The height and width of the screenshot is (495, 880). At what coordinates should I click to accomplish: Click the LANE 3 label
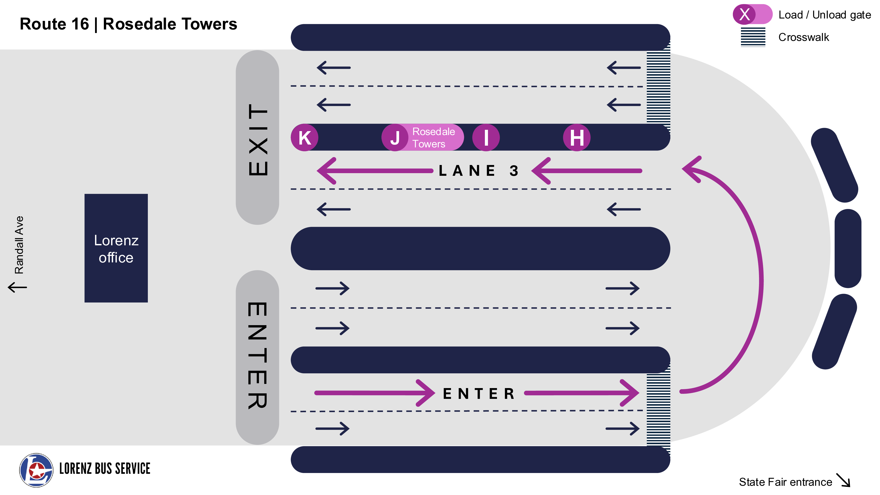pyautogui.click(x=478, y=170)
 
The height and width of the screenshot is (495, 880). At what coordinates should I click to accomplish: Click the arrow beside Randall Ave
pyautogui.click(x=17, y=287)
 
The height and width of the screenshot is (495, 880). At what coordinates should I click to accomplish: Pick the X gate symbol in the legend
pyautogui.click(x=745, y=14)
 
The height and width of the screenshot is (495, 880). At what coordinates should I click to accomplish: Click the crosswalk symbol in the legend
pyautogui.click(x=753, y=37)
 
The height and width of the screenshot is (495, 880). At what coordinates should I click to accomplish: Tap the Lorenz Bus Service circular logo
pyautogui.click(x=36, y=470)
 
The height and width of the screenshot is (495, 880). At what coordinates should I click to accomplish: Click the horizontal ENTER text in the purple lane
pyautogui.click(x=478, y=394)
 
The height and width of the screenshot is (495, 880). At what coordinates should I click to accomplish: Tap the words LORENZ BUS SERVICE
pyautogui.click(x=104, y=469)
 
